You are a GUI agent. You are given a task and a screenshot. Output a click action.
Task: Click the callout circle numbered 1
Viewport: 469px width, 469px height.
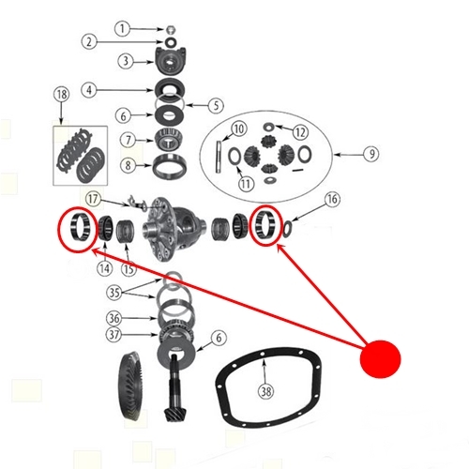(x=122, y=29)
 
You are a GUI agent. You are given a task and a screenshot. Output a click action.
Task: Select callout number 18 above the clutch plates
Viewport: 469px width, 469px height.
(x=62, y=94)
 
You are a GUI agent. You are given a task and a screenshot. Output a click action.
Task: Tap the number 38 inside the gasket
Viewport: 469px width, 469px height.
(x=265, y=391)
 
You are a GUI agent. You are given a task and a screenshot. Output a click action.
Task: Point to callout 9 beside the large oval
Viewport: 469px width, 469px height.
(x=371, y=154)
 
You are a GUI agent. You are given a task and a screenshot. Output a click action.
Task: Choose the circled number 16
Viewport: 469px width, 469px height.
(x=332, y=199)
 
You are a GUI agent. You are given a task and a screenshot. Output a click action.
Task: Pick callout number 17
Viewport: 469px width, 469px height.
(x=93, y=199)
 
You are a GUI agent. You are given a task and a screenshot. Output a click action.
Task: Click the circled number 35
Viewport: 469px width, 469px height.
(x=114, y=293)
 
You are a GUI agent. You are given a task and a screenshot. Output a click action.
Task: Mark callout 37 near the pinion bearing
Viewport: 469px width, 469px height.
(x=114, y=335)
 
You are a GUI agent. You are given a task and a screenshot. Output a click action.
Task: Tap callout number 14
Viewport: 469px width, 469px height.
(x=105, y=268)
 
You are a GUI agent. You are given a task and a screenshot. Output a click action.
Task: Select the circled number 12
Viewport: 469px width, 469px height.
(x=300, y=132)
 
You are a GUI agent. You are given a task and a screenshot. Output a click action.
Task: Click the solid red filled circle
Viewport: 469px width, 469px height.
(x=380, y=359)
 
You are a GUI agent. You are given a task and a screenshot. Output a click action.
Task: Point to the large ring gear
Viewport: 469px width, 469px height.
(x=131, y=388)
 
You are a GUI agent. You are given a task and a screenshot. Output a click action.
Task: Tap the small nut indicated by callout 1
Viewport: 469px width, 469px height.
(x=171, y=30)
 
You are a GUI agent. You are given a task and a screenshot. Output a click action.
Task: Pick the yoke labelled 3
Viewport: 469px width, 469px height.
(x=171, y=61)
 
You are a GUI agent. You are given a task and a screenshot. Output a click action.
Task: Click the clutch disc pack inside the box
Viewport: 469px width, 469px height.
(x=81, y=156)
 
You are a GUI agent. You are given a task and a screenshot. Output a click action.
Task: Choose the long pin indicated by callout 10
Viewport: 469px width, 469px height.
(x=219, y=157)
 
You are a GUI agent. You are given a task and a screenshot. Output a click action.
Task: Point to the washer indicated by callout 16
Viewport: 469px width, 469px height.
(x=287, y=229)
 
